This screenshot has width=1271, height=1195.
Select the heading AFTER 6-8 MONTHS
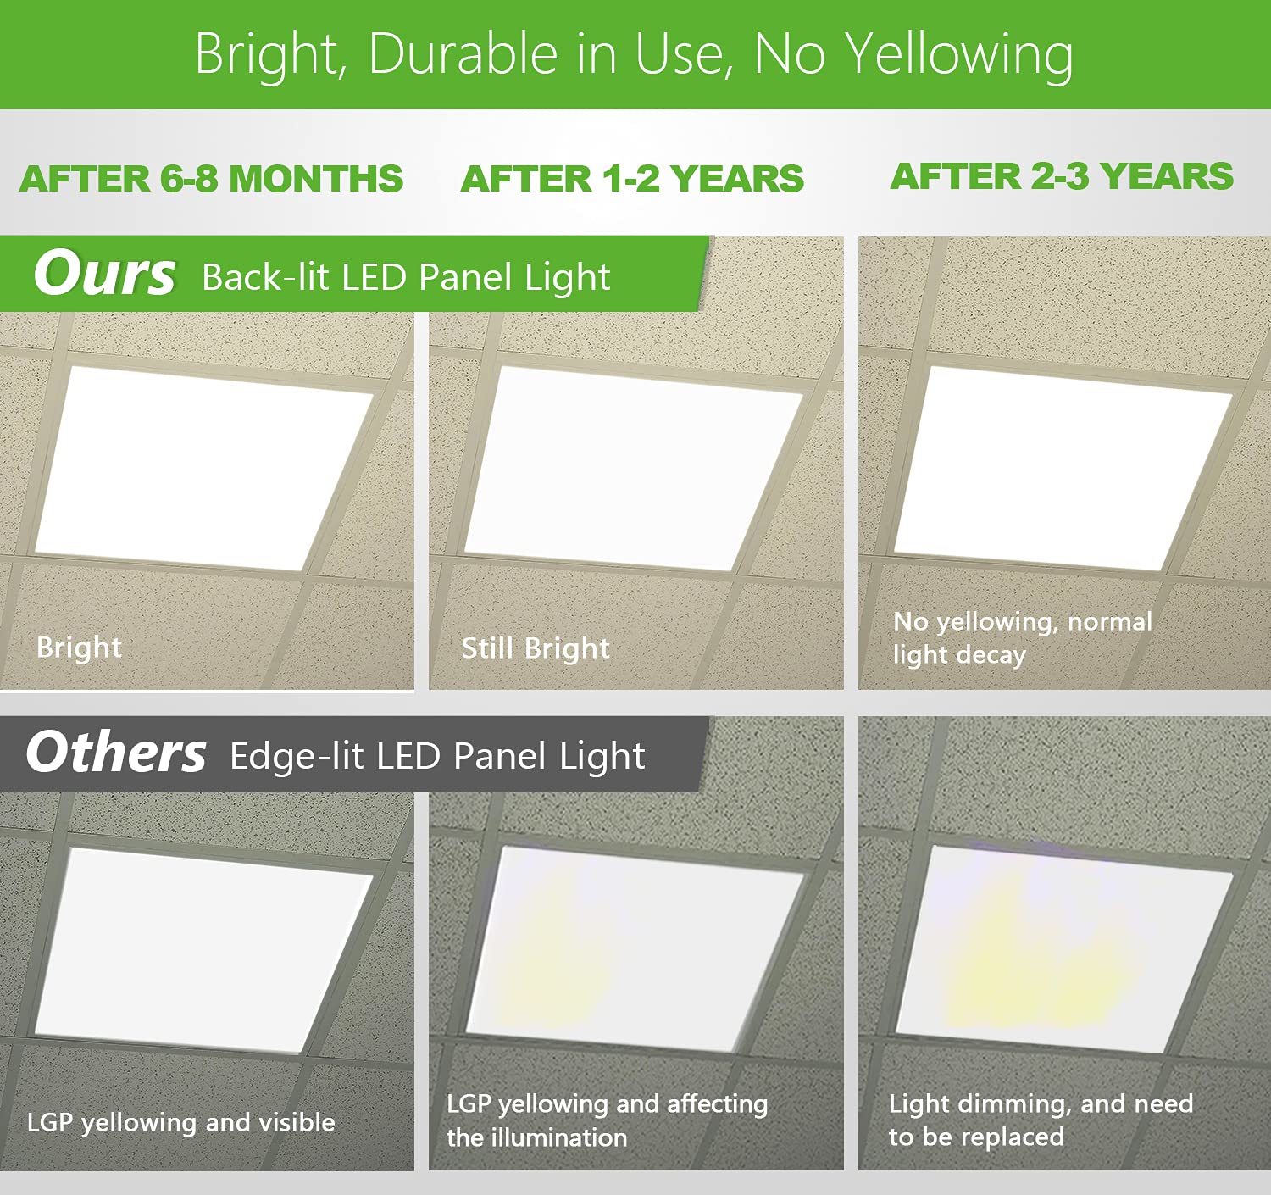tap(211, 178)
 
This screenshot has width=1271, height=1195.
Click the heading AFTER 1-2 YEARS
tap(632, 178)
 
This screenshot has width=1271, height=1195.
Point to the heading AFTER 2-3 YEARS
tap(1062, 176)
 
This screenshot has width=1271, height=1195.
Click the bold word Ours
tap(104, 274)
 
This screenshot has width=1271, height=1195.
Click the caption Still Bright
tap(535, 648)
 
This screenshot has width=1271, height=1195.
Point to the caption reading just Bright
tap(79, 648)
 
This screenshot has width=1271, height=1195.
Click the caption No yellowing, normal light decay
tap(1022, 638)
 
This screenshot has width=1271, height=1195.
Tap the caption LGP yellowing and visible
tap(181, 1123)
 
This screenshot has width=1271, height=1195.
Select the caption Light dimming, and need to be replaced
tap(1041, 1120)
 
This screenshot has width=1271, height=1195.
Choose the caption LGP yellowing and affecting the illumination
tap(608, 1120)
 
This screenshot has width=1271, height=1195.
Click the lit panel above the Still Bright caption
tap(634, 469)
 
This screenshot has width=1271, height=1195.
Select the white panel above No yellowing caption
tap(1063, 469)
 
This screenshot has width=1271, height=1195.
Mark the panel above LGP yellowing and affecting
tap(635, 949)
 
